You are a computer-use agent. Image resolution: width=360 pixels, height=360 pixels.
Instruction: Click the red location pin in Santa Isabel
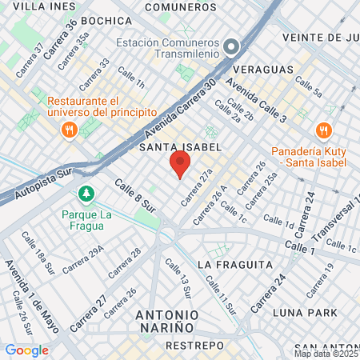point(180,165)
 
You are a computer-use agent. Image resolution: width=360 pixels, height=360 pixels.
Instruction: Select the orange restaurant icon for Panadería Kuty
point(323,130)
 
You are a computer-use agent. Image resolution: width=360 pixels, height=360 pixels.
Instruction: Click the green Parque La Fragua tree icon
point(85,194)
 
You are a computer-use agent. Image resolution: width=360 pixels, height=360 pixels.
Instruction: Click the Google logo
point(26,350)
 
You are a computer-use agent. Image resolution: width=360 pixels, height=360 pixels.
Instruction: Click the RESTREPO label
point(194,346)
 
